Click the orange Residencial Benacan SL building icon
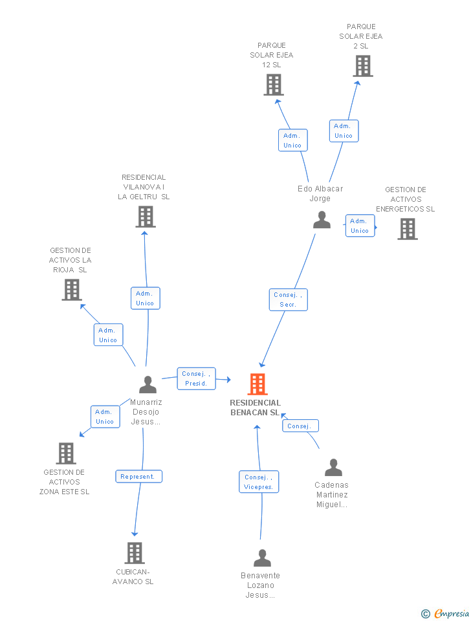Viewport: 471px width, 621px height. (257, 384)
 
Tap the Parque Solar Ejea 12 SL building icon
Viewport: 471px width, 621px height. (274, 85)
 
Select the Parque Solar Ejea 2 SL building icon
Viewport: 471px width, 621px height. (363, 66)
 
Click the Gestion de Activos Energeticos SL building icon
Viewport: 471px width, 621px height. (407, 229)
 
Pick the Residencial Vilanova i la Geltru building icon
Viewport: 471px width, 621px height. (146, 217)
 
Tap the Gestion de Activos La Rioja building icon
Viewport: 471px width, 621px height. (72, 290)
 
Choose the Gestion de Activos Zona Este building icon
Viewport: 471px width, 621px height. (66, 453)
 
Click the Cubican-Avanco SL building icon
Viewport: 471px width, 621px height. (135, 553)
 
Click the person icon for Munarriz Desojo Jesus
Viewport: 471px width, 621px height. (148, 385)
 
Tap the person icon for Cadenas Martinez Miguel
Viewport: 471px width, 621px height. (333, 468)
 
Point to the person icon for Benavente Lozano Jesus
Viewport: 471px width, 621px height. (262, 558)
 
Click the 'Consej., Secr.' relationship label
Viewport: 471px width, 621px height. (288, 300)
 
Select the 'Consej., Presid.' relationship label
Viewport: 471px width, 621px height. (196, 378)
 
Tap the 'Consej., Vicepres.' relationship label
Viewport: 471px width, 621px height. (259, 482)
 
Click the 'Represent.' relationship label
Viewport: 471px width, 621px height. (138, 477)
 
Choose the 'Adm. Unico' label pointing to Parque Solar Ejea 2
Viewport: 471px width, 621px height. (344, 131)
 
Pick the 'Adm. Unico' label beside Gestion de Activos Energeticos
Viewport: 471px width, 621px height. (360, 226)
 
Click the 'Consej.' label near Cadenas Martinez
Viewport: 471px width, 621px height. (300, 426)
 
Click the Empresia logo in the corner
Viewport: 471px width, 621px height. (446, 613)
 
